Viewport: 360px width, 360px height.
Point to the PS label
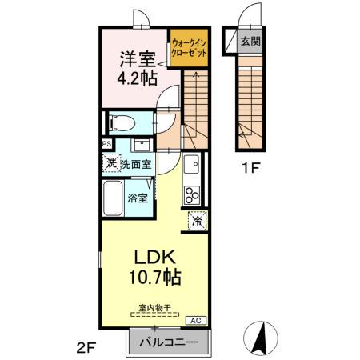106,144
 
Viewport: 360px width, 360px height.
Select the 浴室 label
138,198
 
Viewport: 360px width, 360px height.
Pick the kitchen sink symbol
192,166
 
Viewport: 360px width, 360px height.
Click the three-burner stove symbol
193,195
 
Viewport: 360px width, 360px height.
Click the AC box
194,320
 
